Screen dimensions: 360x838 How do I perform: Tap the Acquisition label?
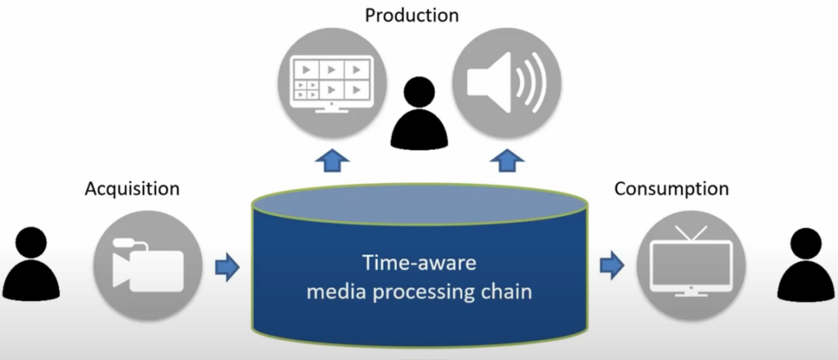pyautogui.click(x=132, y=189)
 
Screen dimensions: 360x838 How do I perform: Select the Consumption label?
pyautogui.click(x=671, y=189)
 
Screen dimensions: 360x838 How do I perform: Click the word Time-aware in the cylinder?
pyautogui.click(x=420, y=263)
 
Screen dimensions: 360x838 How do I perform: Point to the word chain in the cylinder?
pyautogui.click(x=506, y=292)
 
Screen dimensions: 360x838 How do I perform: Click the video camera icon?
pyautogui.click(x=148, y=266)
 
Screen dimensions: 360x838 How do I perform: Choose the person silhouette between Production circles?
pyautogui.click(x=419, y=114)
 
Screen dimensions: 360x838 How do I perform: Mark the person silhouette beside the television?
pyautogui.click(x=807, y=264)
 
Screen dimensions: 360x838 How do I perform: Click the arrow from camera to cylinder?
pyautogui.click(x=227, y=266)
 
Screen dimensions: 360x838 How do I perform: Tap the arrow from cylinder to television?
pyautogui.click(x=612, y=266)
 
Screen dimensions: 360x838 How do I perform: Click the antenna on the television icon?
pyautogui.click(x=691, y=232)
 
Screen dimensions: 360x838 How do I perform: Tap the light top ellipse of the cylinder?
pyautogui.click(x=420, y=205)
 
